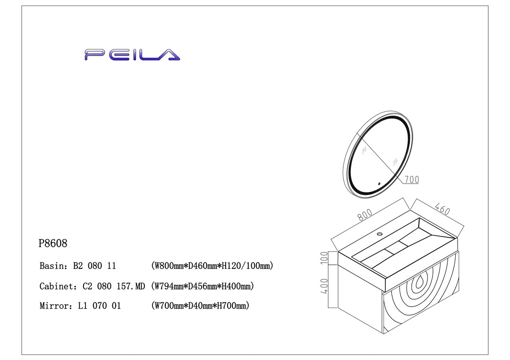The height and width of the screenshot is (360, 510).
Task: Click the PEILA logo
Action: [x=132, y=55]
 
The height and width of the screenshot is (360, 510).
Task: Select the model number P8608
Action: [x=53, y=243]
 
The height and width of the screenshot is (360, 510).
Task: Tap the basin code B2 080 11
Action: [x=94, y=266]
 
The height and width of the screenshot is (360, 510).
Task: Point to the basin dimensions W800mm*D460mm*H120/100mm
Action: [x=212, y=266]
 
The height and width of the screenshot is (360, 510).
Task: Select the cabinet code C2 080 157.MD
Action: [x=113, y=286]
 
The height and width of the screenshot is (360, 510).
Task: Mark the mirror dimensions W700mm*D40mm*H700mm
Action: [x=200, y=306]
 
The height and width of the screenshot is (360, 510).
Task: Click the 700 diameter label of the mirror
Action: [x=411, y=179]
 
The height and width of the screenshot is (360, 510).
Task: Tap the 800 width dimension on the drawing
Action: [x=365, y=215]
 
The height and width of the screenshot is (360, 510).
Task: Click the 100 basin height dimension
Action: [x=324, y=258]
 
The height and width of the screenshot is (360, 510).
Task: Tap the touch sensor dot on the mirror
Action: [x=379, y=184]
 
